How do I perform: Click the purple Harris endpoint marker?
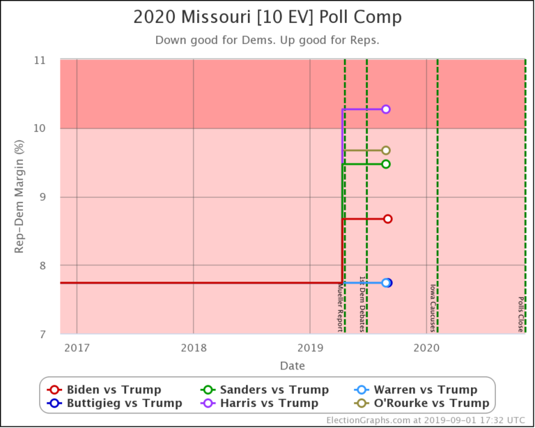(386, 109)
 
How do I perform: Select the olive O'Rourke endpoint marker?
(386, 151)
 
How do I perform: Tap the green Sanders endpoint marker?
(386, 164)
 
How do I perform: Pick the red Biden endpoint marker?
(388, 219)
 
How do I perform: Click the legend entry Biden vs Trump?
(104, 390)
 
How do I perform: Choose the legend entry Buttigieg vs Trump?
(115, 403)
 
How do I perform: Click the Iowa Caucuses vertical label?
(432, 308)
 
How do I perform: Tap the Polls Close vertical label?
(520, 314)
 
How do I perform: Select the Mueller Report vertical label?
(339, 307)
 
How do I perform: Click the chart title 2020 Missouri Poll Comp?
(267, 17)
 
